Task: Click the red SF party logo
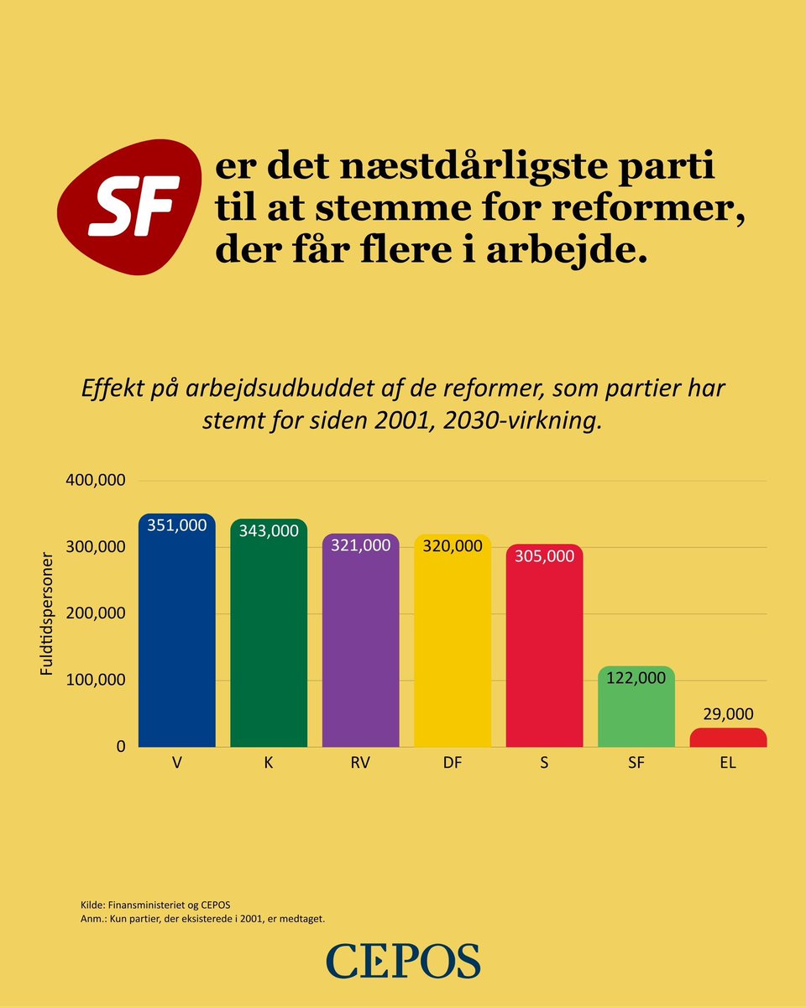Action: click(x=131, y=207)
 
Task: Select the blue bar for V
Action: click(x=176, y=638)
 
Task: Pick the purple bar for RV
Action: click(x=360, y=646)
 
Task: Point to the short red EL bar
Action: click(x=728, y=738)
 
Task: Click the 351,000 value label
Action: click(x=176, y=525)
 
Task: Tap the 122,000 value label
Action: click(x=636, y=678)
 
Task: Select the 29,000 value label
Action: click(x=728, y=713)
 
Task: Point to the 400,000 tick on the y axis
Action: click(x=96, y=481)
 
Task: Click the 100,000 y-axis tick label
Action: click(x=96, y=680)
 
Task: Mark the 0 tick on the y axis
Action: click(x=120, y=746)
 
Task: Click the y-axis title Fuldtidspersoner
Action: click(x=49, y=613)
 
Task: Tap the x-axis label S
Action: click(x=544, y=764)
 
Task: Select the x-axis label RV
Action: click(x=360, y=764)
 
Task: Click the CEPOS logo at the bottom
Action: click(x=403, y=960)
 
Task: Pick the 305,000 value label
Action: click(x=544, y=556)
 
